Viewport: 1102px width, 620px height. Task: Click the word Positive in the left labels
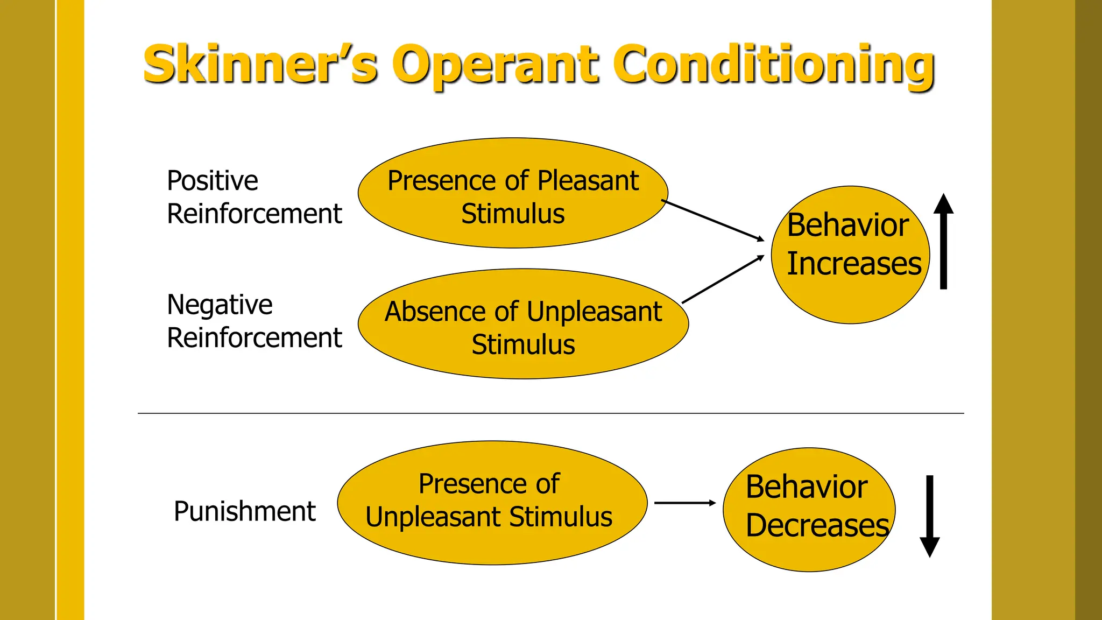point(212,181)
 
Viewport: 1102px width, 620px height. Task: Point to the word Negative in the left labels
point(220,305)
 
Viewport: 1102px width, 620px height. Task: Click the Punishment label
point(244,511)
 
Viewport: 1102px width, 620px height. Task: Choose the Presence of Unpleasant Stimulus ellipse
point(492,503)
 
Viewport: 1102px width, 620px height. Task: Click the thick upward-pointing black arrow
point(943,242)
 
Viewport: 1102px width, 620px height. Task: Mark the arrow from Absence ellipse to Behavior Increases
point(722,279)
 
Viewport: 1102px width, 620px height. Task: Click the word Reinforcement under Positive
point(254,214)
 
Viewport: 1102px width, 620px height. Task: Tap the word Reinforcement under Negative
point(254,338)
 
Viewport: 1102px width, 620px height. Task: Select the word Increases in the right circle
point(854,264)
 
